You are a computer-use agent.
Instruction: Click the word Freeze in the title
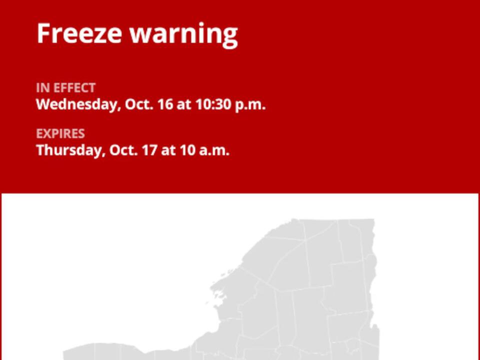(x=79, y=33)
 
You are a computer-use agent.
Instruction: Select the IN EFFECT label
(x=65, y=88)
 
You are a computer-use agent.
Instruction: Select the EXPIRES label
(x=60, y=133)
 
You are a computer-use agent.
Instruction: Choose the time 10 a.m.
(x=204, y=150)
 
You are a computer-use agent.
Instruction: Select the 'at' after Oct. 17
(x=168, y=151)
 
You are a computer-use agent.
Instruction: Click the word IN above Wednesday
(x=42, y=88)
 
